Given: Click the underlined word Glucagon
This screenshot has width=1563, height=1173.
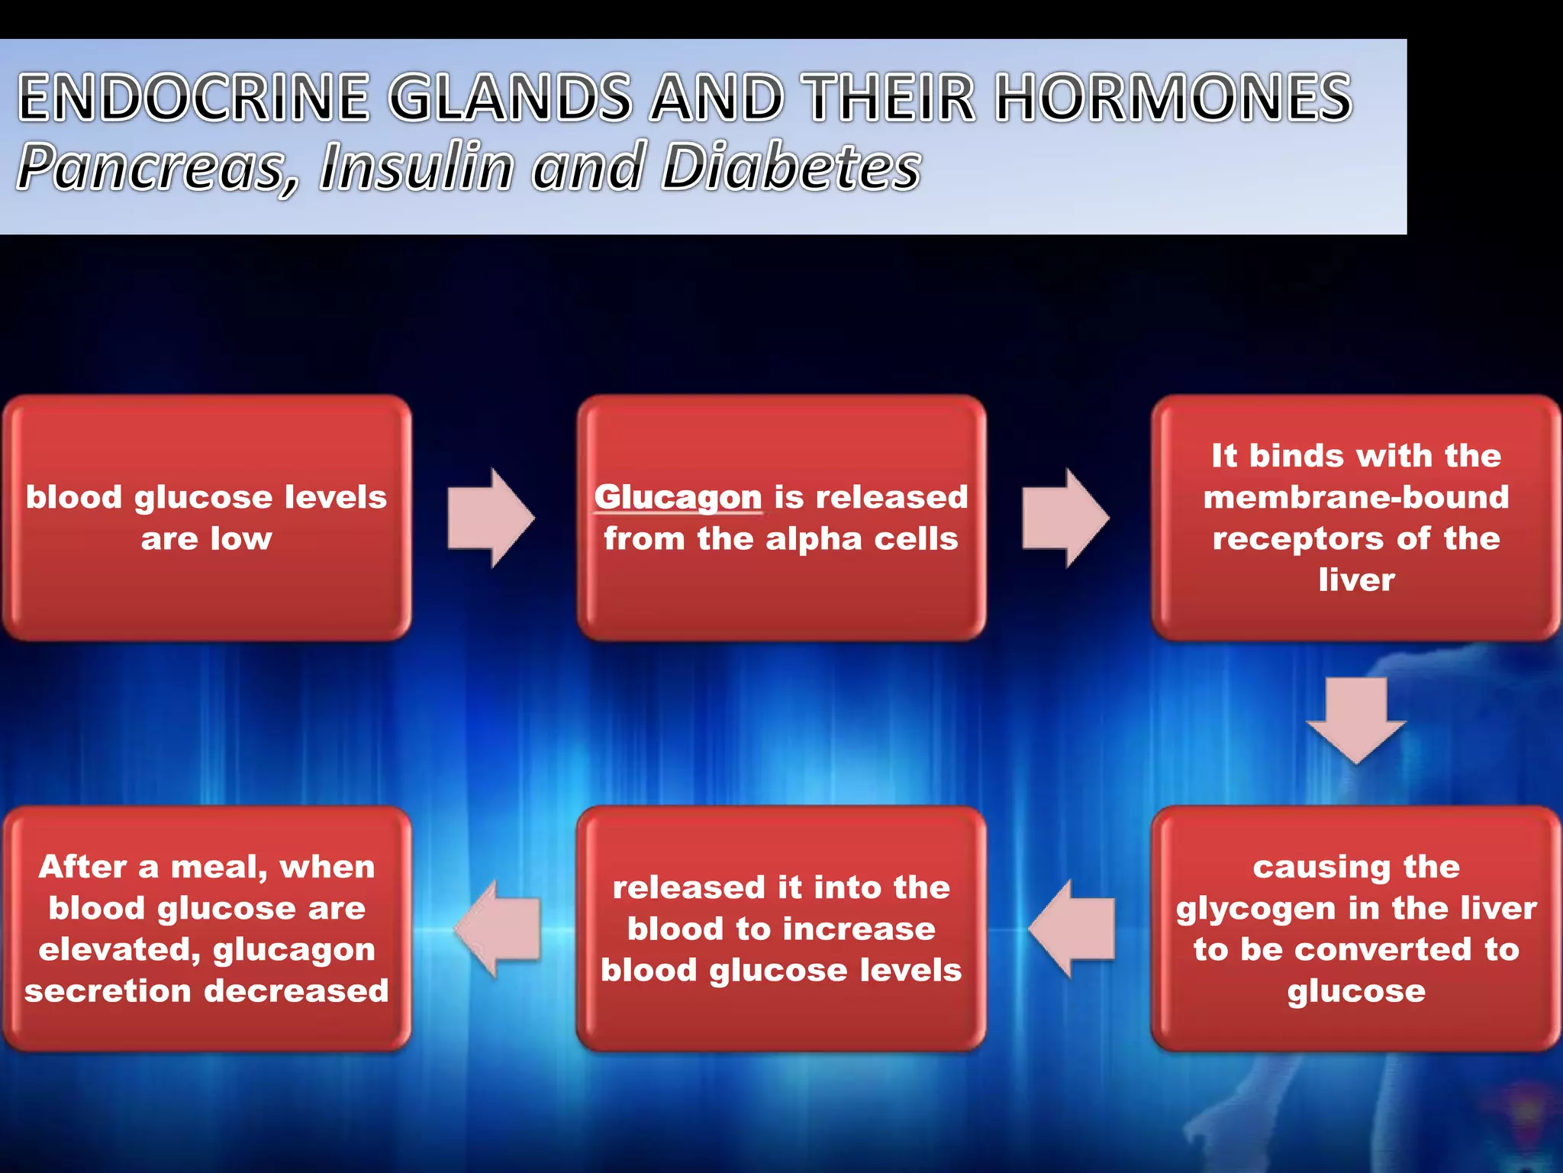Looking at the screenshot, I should (x=678, y=497).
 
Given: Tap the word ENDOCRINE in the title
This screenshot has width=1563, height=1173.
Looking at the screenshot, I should (x=195, y=98).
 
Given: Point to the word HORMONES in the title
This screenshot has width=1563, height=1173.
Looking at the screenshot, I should (x=1174, y=98).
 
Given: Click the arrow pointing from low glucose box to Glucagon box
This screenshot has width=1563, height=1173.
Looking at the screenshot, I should (x=491, y=518).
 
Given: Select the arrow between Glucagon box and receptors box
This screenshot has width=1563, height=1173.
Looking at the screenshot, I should (x=1065, y=518).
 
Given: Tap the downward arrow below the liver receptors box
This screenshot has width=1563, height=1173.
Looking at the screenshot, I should (x=1356, y=718).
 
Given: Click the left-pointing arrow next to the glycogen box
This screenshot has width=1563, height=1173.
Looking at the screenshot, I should (x=1072, y=929).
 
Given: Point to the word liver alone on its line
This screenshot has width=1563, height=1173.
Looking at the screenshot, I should (x=1356, y=580).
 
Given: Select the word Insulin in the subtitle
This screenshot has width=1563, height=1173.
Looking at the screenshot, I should (x=416, y=167).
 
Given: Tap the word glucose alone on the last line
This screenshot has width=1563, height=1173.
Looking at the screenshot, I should (x=1356, y=991).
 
